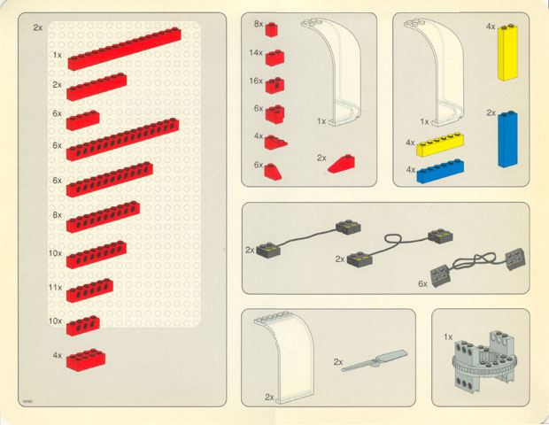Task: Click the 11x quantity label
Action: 55,288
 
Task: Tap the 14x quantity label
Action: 256,54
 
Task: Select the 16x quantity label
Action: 256,81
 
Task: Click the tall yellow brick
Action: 508,52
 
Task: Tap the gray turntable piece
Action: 483,363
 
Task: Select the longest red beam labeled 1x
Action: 123,49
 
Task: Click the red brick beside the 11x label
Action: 89,290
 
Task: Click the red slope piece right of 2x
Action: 341,164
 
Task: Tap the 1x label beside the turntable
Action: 448,337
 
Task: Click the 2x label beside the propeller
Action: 337,362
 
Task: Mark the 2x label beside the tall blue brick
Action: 491,112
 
